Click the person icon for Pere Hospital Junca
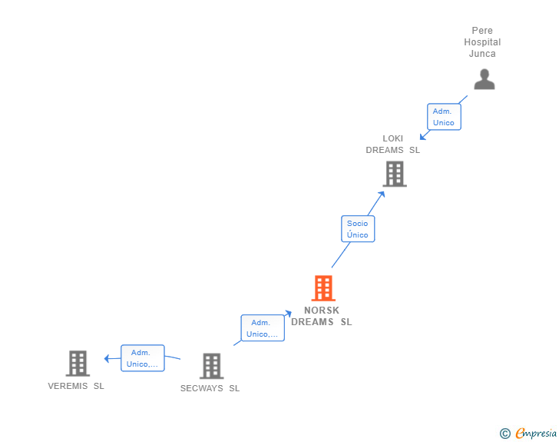[484, 79]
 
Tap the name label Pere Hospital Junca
[482, 42]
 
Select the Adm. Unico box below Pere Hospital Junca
[443, 117]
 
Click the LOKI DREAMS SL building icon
[394, 174]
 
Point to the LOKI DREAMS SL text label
[392, 145]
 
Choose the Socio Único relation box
[357, 229]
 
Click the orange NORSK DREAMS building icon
[323, 288]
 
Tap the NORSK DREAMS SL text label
[322, 317]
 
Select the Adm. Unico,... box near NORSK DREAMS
[263, 328]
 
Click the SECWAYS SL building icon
[211, 366]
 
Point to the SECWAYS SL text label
[210, 388]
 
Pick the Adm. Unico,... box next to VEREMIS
[142, 358]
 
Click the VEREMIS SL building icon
[78, 363]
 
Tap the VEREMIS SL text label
[76, 386]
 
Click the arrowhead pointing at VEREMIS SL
[107, 357]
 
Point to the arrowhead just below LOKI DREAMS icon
[381, 194]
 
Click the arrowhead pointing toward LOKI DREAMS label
[423, 137]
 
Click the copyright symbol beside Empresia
[504, 434]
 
